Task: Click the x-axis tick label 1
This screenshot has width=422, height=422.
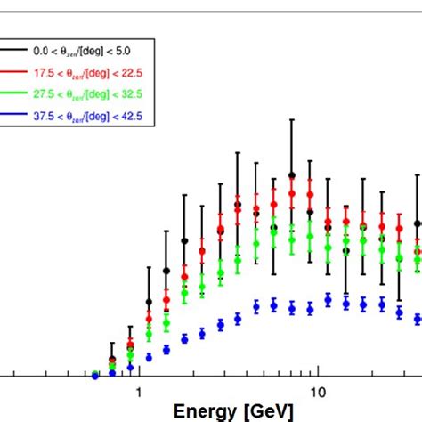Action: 138,394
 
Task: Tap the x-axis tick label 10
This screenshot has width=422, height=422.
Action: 315,394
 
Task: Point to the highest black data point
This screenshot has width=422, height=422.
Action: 291,176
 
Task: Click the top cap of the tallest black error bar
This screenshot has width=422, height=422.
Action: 291,119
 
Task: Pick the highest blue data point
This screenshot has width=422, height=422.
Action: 328,301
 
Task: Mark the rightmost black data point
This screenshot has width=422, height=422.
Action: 418,224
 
